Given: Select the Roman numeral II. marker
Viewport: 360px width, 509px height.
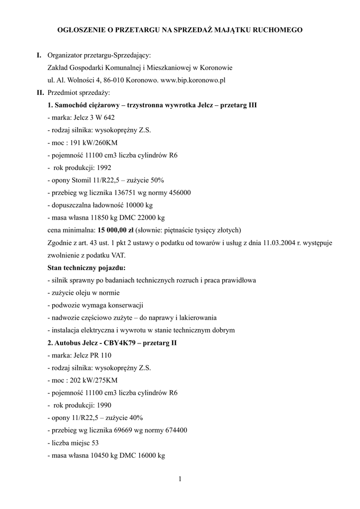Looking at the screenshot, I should (40, 92).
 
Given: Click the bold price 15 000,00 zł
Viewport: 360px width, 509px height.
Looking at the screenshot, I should (116, 230).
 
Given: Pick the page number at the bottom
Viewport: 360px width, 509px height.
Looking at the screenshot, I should (180, 479).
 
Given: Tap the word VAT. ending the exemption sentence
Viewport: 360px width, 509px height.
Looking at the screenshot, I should (118, 255).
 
